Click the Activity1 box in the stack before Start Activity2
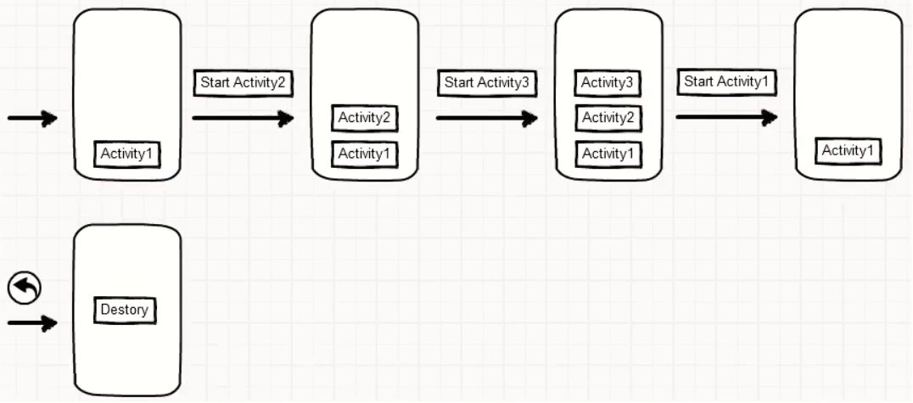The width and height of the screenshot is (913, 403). tap(127, 154)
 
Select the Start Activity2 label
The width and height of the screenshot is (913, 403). tap(244, 83)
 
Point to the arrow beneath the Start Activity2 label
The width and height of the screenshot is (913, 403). tap(243, 118)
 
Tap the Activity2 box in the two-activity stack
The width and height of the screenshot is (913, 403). tap(364, 118)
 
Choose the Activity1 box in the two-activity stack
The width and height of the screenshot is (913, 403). tap(364, 154)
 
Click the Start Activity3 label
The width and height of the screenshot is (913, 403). tap(487, 83)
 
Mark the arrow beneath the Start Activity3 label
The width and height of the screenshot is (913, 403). tap(487, 118)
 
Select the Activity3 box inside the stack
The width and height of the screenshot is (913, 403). tap(608, 83)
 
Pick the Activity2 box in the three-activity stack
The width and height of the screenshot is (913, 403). tap(608, 118)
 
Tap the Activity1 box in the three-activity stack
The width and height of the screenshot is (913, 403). tap(608, 154)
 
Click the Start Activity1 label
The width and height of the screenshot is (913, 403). tap(726, 82)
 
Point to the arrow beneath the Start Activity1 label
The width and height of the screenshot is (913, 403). tap(727, 118)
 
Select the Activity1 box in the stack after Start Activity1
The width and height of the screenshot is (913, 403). tap(848, 151)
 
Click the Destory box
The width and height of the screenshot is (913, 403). tap(125, 310)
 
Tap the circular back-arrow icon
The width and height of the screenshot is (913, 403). tap(24, 289)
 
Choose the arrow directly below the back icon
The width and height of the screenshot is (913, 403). tap(32, 322)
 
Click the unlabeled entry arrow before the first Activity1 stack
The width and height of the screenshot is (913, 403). tap(32, 119)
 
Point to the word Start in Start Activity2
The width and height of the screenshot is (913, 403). tap(216, 83)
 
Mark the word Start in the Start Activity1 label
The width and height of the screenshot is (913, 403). tap(699, 82)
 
